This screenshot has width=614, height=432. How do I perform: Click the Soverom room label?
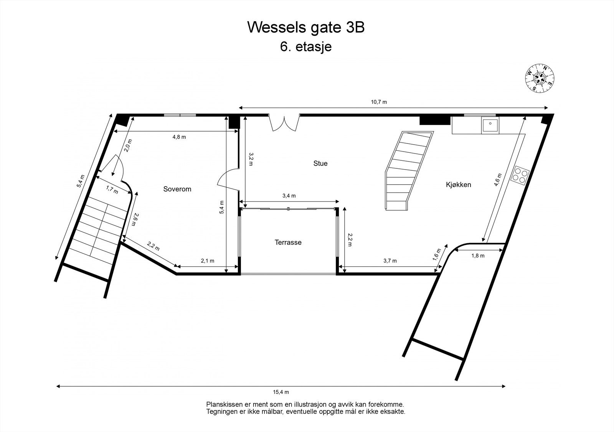pos(177,189)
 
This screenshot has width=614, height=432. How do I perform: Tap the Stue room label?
pos(320,163)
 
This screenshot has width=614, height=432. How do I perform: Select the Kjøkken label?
pos(458,185)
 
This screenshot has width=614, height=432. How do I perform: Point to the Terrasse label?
pos(288,242)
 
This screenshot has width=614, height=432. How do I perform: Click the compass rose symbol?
pos(540,78)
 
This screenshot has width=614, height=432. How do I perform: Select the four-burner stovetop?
pos(520,176)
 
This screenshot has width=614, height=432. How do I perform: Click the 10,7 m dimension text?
pos(379,102)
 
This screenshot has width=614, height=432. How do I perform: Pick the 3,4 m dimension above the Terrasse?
pos(289,196)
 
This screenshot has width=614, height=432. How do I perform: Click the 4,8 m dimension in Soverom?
pos(179,137)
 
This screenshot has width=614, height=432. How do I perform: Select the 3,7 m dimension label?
pos(390,261)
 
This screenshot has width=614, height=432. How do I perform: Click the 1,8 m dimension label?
pos(478,256)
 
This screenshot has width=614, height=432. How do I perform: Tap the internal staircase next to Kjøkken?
pos(409,170)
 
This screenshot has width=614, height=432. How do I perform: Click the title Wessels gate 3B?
pos(305,28)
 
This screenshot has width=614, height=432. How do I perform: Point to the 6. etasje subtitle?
pos(306,47)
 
